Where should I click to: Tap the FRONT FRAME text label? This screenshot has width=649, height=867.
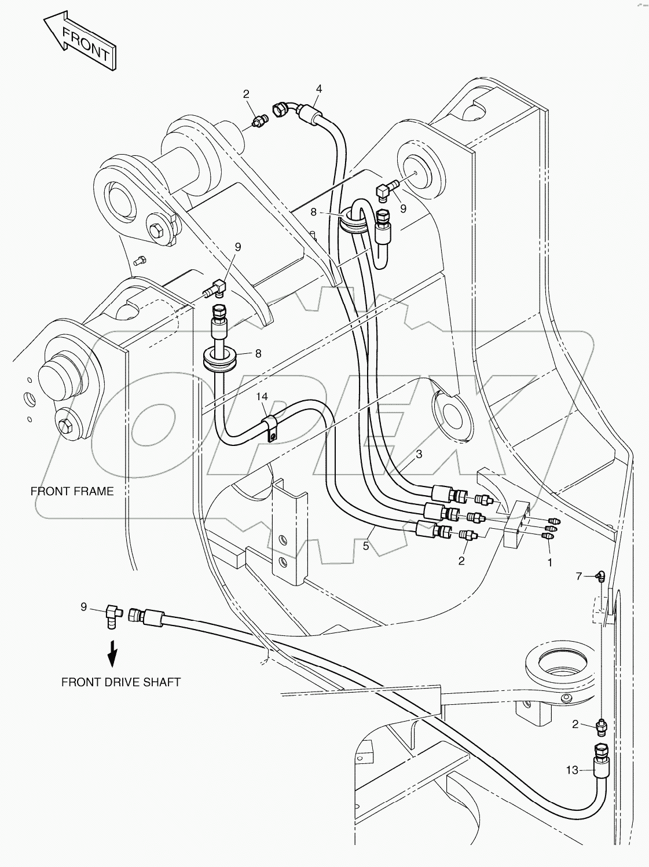click(72, 491)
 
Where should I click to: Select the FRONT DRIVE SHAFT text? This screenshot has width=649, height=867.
click(121, 682)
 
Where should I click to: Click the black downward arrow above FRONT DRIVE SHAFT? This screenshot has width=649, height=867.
click(113, 652)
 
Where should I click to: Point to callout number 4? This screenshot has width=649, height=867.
click(318, 89)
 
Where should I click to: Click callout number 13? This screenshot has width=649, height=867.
click(571, 770)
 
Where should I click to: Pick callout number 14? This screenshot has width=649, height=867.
click(262, 397)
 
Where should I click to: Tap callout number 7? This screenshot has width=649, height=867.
click(578, 576)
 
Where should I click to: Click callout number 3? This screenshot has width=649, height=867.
click(419, 454)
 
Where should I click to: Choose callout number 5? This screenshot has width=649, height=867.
click(365, 546)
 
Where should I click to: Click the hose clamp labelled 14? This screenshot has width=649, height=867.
click(270, 426)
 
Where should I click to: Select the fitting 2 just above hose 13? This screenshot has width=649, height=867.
click(601, 725)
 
